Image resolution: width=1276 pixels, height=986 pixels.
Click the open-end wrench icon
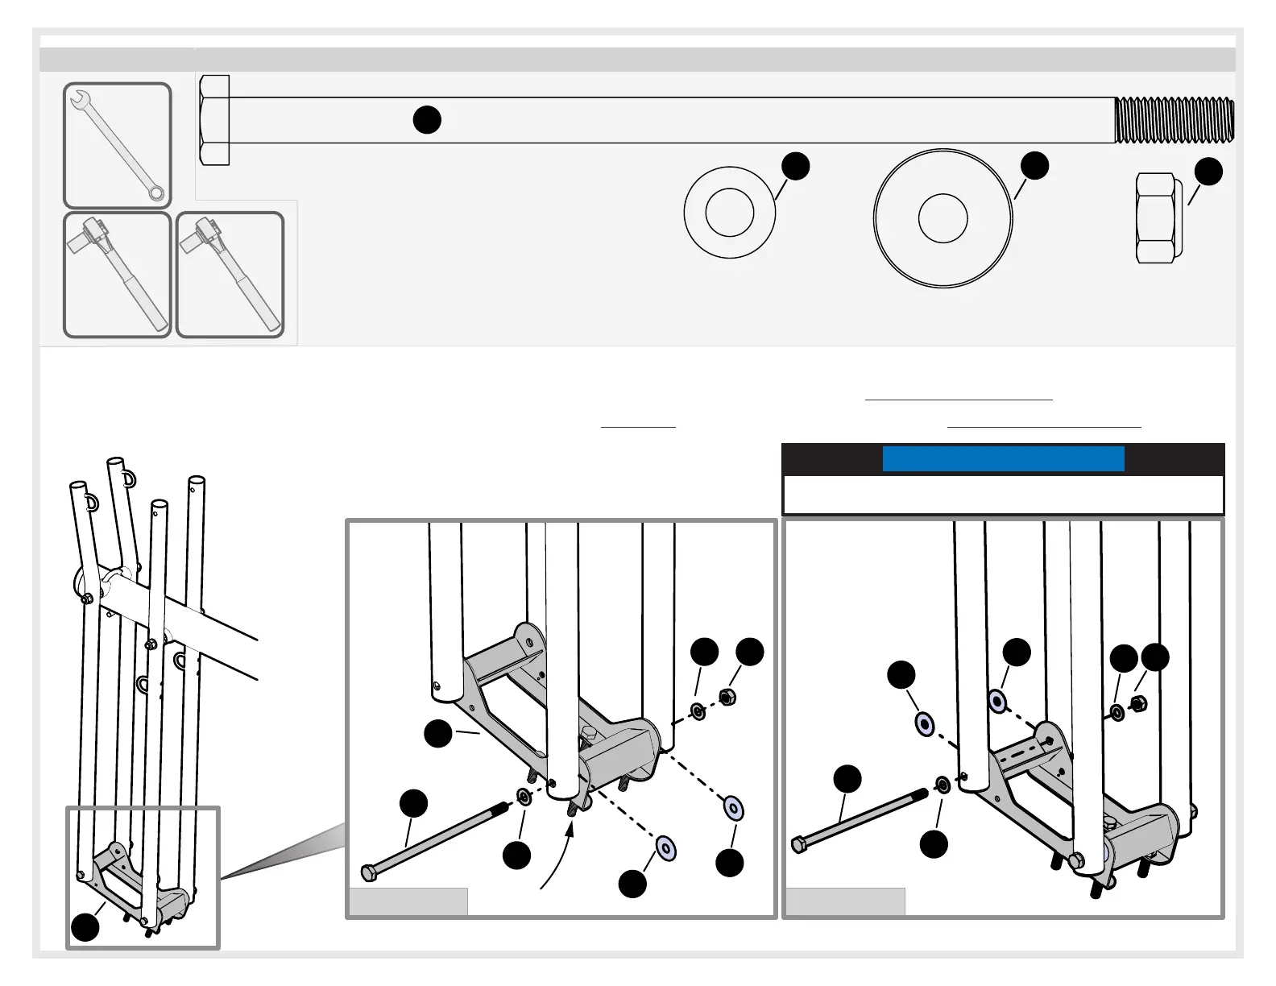tap(118, 145)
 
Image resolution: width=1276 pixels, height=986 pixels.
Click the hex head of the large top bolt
tap(214, 120)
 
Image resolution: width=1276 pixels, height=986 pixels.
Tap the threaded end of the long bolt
tap(1174, 119)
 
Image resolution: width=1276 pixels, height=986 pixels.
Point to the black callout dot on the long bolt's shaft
tap(427, 119)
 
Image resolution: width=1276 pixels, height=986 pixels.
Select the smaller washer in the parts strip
tap(729, 213)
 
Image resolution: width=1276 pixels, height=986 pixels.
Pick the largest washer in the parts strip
tap(942, 217)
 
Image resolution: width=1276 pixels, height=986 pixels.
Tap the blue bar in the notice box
tap(1003, 459)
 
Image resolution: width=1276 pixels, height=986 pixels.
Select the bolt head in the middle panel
tap(368, 872)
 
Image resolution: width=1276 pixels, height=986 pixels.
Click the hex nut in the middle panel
tap(725, 698)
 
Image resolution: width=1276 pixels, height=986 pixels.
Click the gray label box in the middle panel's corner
tap(408, 901)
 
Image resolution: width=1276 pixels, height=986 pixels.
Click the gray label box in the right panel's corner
tap(845, 901)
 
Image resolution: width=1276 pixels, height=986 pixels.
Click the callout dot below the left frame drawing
tap(85, 926)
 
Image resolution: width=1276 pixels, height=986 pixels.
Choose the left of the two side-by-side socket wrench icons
tap(118, 275)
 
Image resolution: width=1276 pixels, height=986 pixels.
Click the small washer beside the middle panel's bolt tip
tap(523, 797)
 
